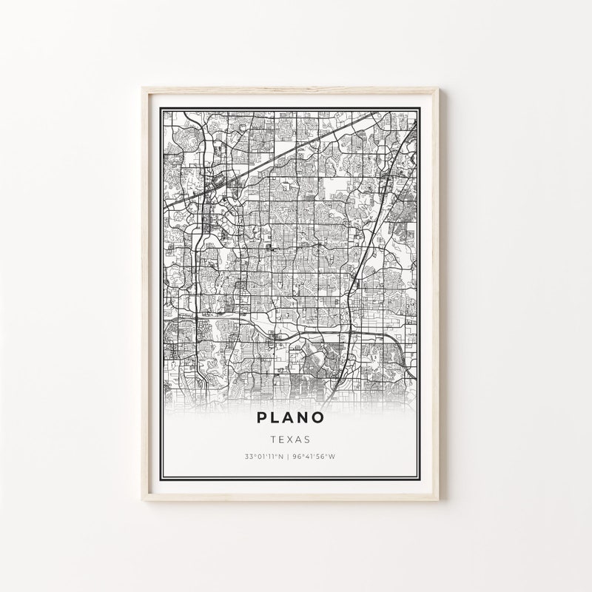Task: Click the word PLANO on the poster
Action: (290, 417)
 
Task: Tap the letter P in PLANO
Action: (261, 417)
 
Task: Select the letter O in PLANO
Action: (317, 417)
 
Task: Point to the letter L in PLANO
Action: (275, 417)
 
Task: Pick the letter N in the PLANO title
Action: (303, 417)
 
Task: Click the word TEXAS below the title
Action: (290, 439)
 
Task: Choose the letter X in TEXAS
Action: (290, 439)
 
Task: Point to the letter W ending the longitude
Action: (334, 457)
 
